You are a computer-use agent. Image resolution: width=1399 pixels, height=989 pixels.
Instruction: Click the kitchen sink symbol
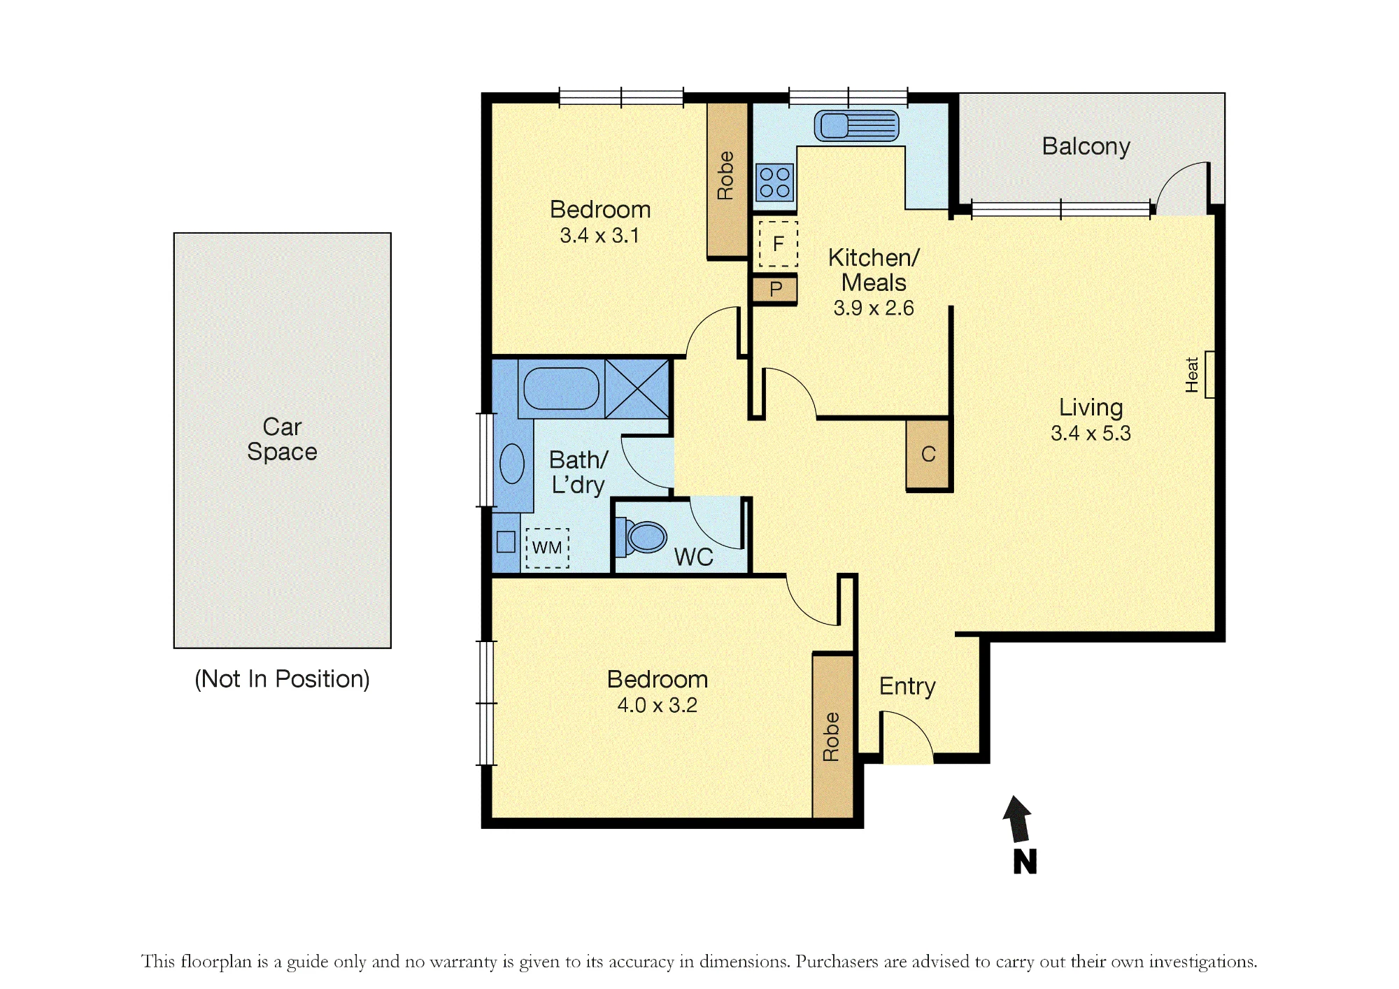click(x=856, y=126)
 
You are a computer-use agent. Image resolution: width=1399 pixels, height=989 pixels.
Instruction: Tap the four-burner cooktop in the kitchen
click(x=774, y=182)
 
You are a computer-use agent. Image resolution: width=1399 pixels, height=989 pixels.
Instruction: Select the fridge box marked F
click(x=778, y=243)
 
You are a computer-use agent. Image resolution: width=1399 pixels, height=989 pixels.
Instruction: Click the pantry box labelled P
click(x=775, y=290)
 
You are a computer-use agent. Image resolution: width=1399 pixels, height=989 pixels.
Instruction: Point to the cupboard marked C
click(x=928, y=454)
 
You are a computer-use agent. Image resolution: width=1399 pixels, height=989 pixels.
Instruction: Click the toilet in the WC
click(x=640, y=537)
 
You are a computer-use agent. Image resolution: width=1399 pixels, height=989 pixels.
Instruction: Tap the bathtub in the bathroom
click(x=561, y=389)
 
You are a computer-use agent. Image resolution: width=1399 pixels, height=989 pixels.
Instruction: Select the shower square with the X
click(x=637, y=389)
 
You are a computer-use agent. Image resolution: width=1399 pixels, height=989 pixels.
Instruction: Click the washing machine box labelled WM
click(x=547, y=548)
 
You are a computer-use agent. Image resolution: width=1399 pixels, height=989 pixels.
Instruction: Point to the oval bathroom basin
click(x=512, y=463)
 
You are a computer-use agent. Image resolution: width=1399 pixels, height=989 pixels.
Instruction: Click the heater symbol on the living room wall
click(x=1209, y=374)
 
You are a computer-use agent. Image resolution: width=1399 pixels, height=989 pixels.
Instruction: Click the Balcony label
click(x=1086, y=146)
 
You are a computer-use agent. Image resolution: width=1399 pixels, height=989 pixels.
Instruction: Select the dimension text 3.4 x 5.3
click(x=1091, y=434)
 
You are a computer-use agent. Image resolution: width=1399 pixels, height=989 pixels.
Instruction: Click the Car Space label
click(x=282, y=439)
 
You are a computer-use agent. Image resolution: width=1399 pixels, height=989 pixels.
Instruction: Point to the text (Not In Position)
click(x=282, y=679)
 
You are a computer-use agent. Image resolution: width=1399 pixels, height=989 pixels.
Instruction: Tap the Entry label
click(x=907, y=686)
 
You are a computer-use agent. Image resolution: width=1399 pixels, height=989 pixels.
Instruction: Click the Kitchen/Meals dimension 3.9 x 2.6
click(x=874, y=308)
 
